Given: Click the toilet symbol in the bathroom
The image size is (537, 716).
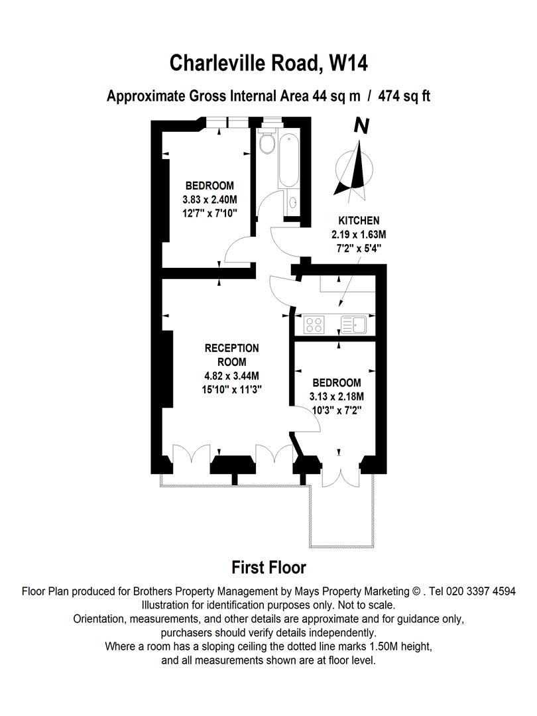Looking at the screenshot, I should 267,143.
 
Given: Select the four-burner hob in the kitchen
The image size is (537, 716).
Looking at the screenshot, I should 314,325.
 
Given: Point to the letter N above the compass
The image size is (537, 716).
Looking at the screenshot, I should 361,126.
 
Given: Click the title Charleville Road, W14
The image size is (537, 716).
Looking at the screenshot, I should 268,64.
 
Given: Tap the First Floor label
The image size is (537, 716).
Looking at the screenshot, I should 268,567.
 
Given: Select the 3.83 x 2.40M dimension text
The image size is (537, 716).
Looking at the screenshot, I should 209,199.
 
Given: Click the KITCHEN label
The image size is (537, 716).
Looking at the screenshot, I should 359,221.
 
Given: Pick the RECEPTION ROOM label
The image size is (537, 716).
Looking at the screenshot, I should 231,355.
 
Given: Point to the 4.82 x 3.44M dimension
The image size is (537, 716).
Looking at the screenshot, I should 231,377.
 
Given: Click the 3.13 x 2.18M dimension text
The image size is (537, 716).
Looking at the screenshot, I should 337,396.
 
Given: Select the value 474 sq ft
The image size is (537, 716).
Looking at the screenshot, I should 404,96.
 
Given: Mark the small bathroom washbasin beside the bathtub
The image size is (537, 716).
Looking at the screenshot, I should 292,204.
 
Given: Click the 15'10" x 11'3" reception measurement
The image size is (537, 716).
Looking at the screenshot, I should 231,390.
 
